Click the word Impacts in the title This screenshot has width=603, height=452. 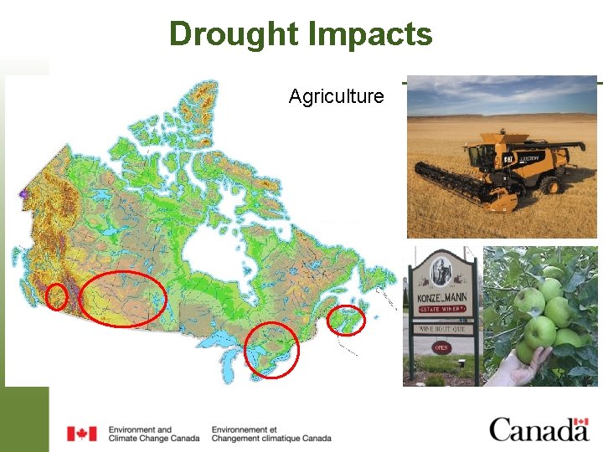point(370,34)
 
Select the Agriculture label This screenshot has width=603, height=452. point(336,96)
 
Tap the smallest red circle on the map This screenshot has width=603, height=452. point(57,296)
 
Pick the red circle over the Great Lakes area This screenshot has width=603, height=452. point(272,349)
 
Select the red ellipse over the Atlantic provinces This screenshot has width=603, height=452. point(345,320)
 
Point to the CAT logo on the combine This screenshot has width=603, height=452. point(508,159)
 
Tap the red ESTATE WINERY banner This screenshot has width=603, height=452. point(441,310)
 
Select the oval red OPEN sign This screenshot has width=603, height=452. point(441,347)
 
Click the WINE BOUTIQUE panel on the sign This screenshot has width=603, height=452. point(441,329)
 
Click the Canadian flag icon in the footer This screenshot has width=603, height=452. point(82,433)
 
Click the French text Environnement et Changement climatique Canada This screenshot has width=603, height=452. point(271,434)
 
